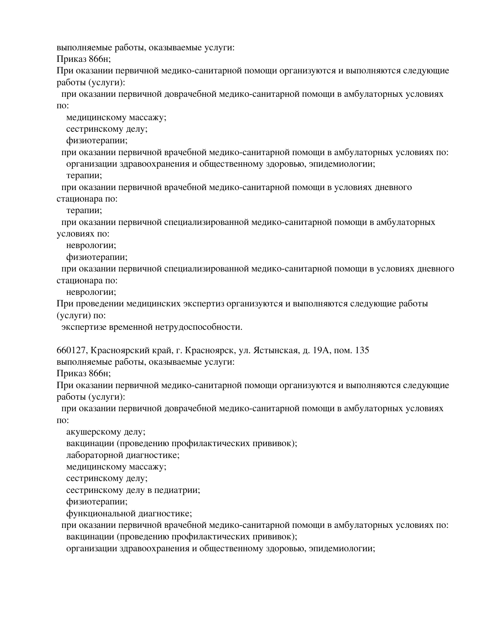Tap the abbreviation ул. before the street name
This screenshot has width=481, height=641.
(x=245, y=351)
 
